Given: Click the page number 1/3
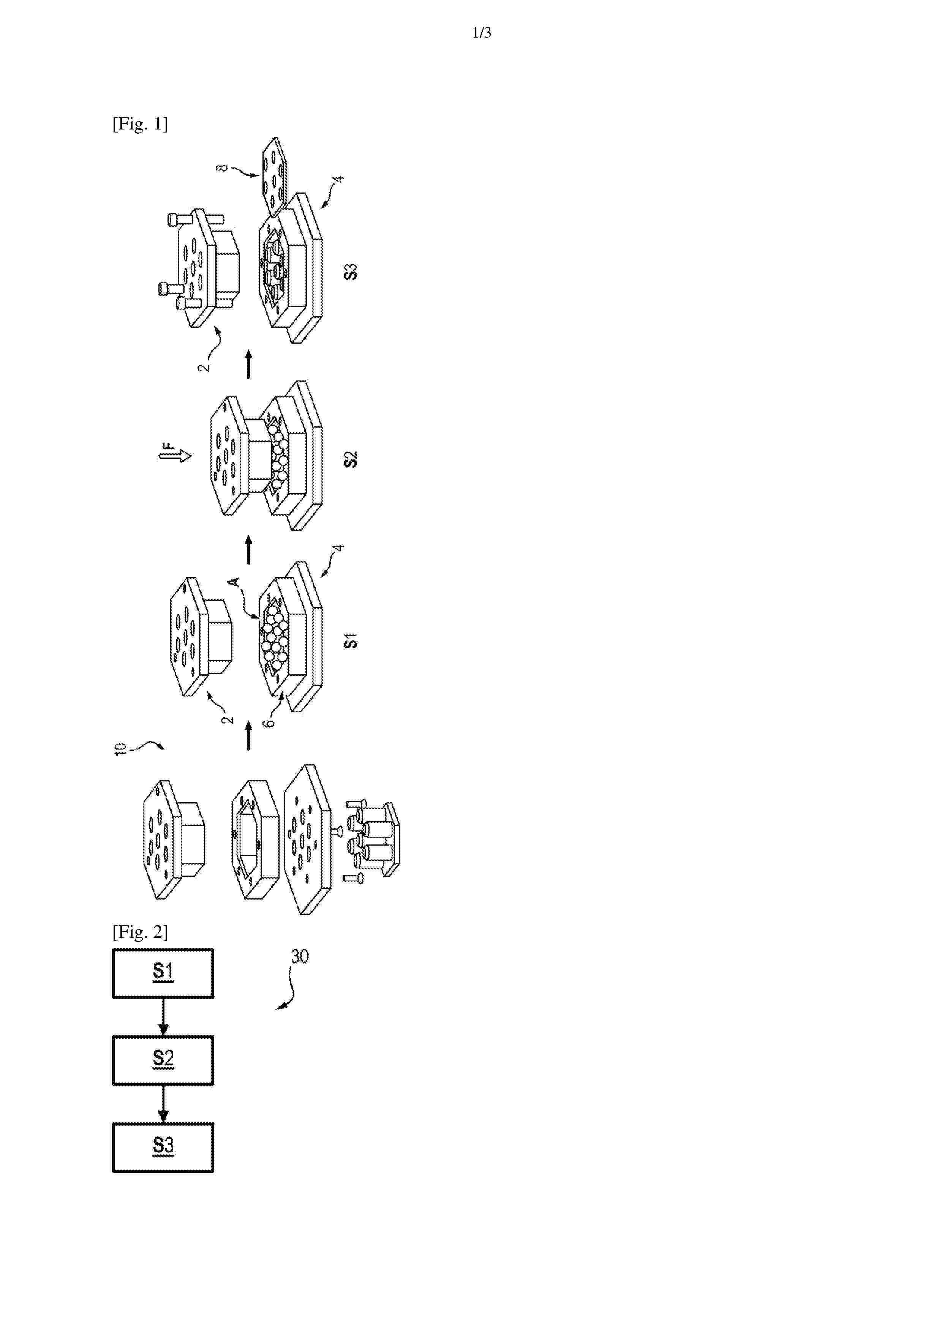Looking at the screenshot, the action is [x=482, y=33].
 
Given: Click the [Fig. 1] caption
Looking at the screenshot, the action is [x=140, y=124].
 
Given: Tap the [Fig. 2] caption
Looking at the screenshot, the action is [x=140, y=932].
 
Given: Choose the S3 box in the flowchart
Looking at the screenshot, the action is [x=163, y=1147].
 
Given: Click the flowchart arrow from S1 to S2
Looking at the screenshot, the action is [x=163, y=1017].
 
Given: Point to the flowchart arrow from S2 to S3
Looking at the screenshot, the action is [x=163, y=1104].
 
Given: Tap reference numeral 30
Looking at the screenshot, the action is [x=299, y=956].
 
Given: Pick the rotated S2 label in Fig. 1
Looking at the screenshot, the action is [x=351, y=459].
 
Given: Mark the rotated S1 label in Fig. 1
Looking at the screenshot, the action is [x=351, y=641].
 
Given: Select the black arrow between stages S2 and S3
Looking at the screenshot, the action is [x=248, y=365].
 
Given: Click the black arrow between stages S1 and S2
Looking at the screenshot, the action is [x=248, y=550].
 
